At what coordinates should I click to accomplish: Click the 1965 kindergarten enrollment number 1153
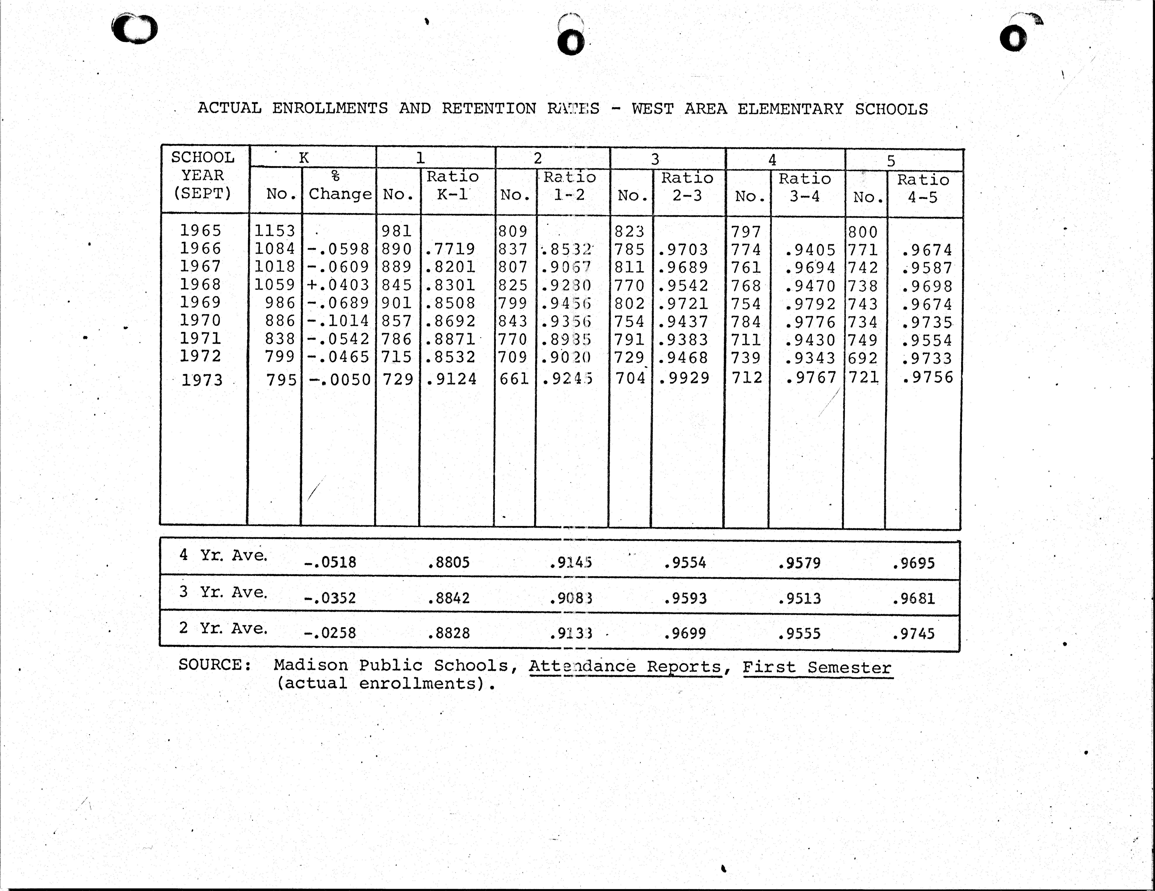[x=274, y=230]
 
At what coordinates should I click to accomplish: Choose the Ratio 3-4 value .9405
[x=810, y=250]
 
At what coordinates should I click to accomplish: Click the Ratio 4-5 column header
[x=923, y=188]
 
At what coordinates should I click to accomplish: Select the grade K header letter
[x=304, y=158]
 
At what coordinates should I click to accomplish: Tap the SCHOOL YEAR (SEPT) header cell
[x=203, y=175]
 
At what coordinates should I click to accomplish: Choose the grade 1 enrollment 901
[x=397, y=303]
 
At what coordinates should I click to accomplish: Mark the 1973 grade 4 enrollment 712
[x=747, y=378]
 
